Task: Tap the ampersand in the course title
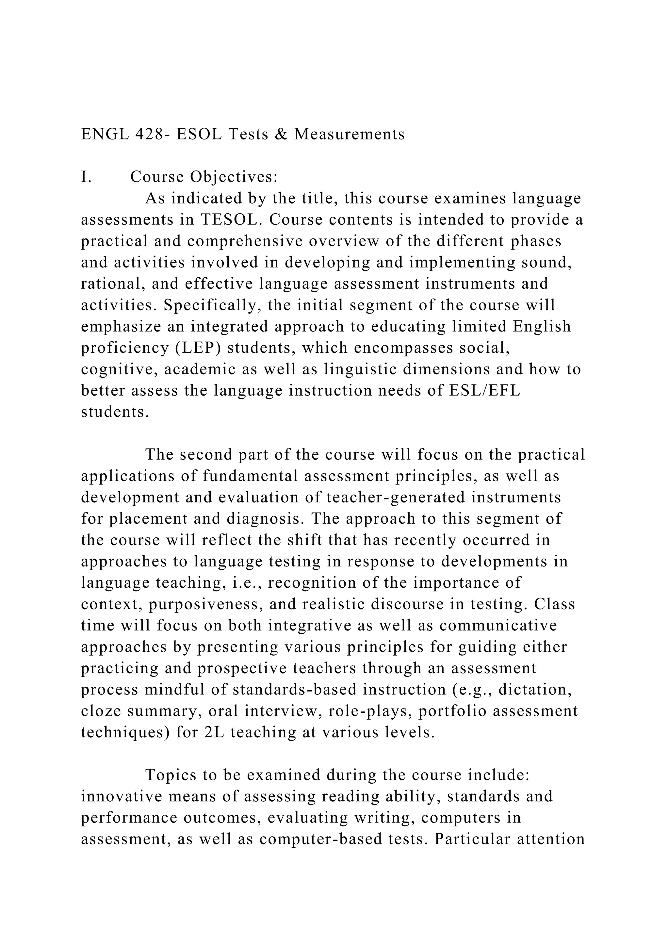281,134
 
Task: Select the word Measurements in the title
349,134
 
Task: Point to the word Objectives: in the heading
234,177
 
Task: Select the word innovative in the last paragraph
121,797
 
